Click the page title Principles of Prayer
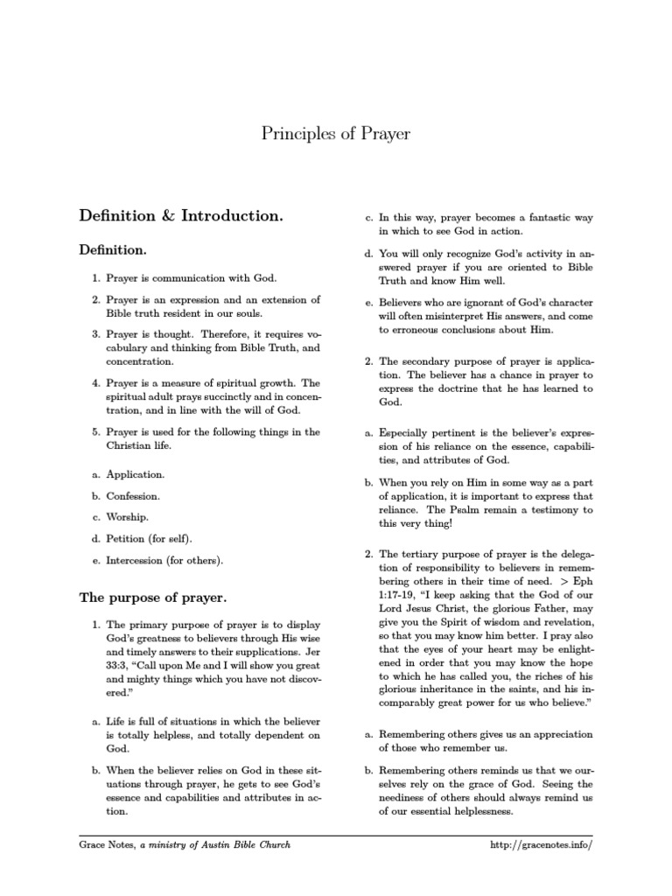[336, 134]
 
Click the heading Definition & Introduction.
[181, 214]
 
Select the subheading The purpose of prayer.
[153, 598]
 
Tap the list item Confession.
[133, 496]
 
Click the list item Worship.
[128, 517]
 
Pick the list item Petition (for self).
[150, 538]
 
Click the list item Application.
[135, 474]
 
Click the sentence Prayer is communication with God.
[191, 277]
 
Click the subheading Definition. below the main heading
[113, 250]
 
